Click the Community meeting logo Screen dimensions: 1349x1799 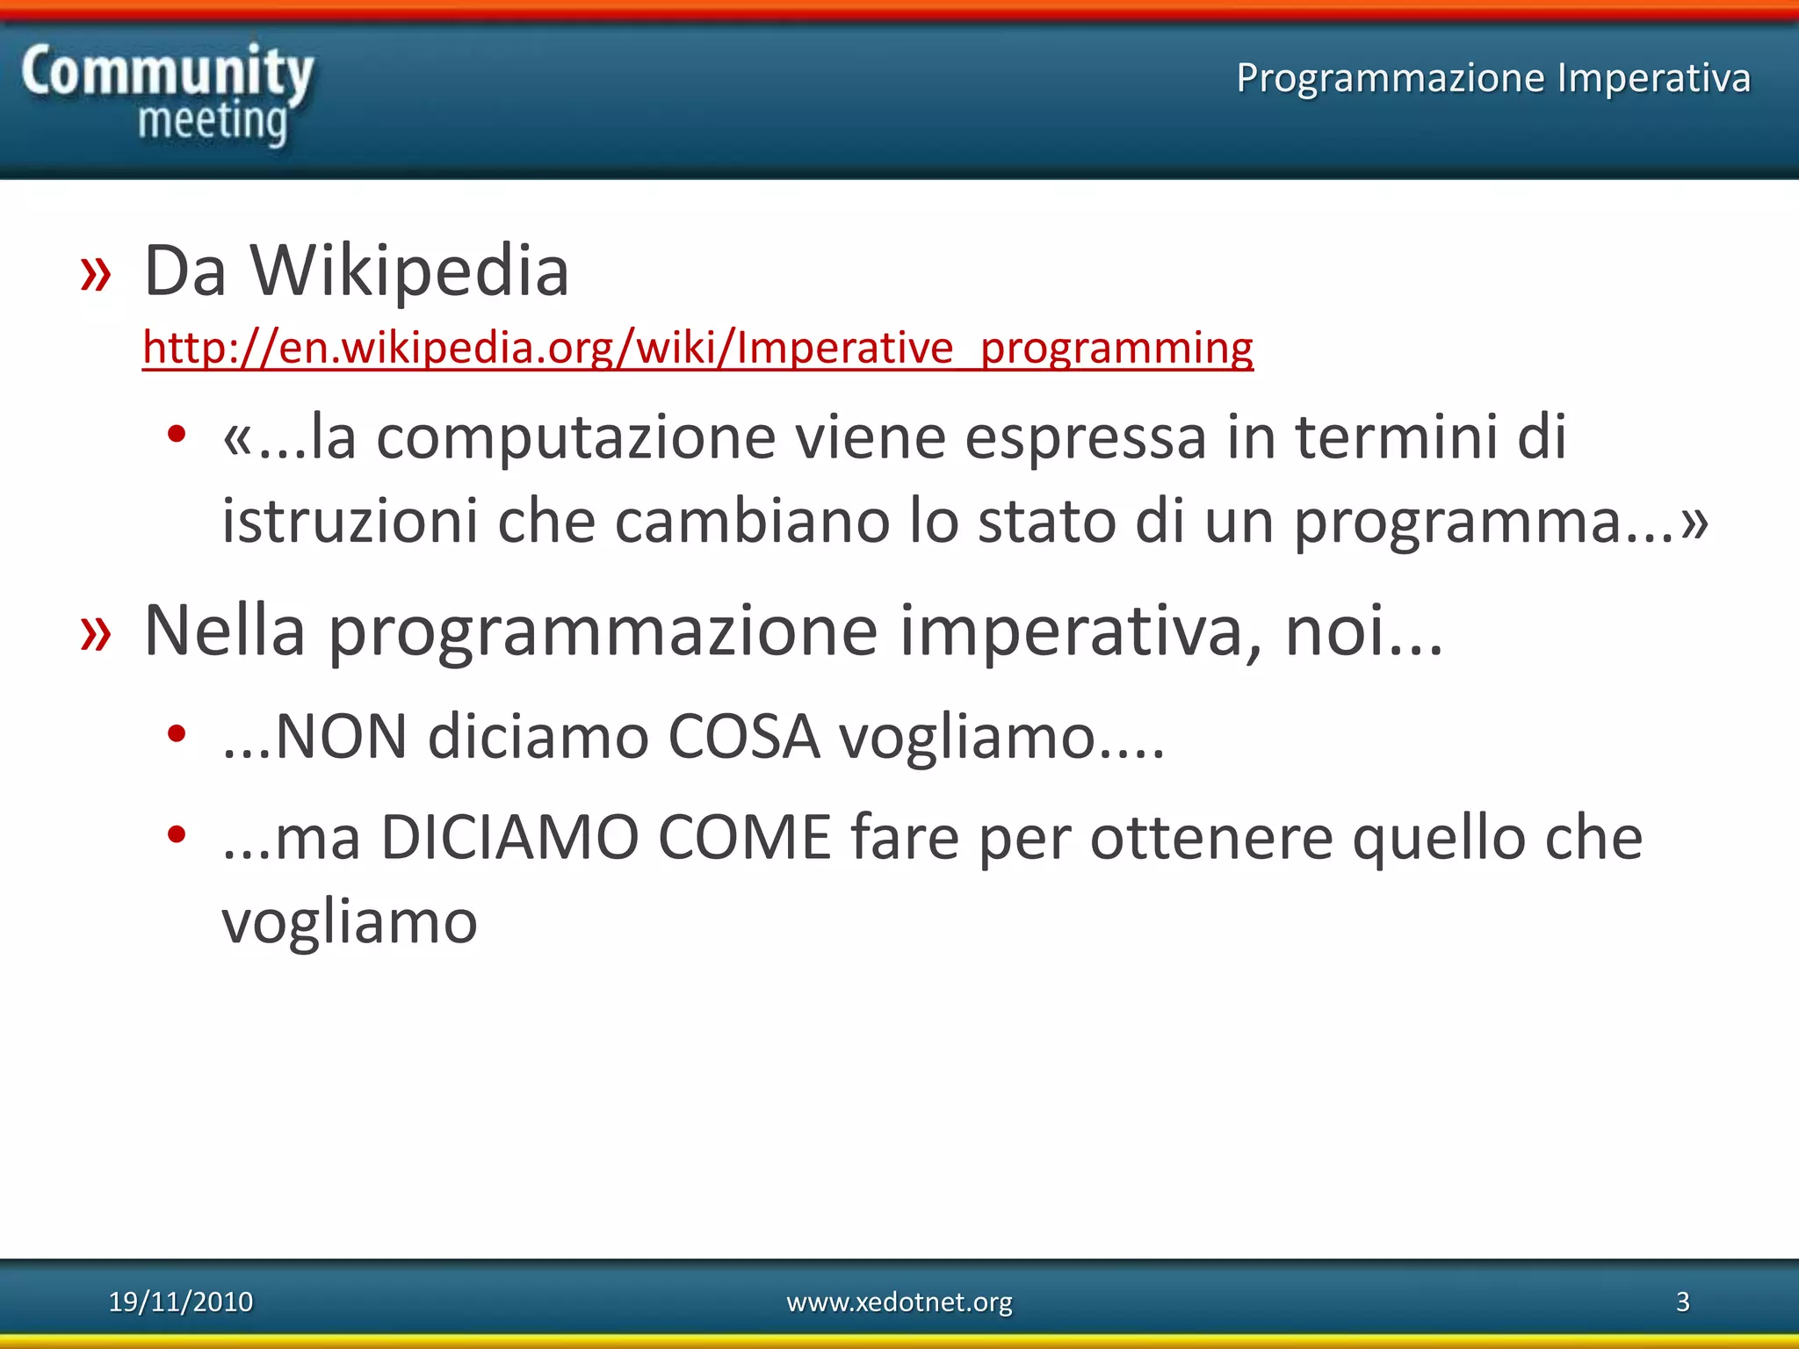point(167,95)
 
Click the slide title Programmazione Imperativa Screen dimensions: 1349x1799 point(1493,77)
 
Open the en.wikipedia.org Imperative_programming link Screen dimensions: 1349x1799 point(697,347)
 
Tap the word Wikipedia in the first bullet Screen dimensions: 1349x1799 point(410,271)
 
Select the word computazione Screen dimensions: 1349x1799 point(575,437)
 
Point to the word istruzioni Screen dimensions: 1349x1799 point(350,521)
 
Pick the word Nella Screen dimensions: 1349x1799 point(225,631)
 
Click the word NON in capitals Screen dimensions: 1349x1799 point(341,737)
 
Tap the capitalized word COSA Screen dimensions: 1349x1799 point(744,737)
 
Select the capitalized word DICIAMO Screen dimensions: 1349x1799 point(509,838)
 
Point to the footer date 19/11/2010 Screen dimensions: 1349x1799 point(181,1302)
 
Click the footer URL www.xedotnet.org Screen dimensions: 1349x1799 point(899,1302)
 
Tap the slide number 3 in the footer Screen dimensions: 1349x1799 point(1682,1302)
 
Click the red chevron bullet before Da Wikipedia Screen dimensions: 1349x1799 point(96,274)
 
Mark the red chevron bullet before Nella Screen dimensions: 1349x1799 point(96,634)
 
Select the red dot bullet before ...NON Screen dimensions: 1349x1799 point(177,733)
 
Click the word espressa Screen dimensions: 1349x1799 point(1085,437)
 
